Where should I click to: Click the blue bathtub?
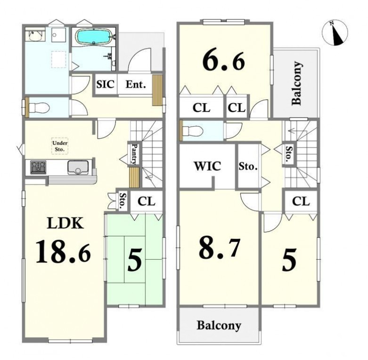(94, 37)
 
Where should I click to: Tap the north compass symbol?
(335, 32)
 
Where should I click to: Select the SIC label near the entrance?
(106, 84)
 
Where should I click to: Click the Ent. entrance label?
(136, 84)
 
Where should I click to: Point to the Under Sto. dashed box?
(60, 146)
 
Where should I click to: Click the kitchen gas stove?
(38, 168)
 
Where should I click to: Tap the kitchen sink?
(78, 167)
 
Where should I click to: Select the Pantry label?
(134, 154)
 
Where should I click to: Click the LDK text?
(65, 223)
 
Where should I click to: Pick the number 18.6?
(63, 251)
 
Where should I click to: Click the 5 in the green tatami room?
(134, 260)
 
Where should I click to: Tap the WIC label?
(207, 166)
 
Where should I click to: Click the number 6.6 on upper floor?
(224, 60)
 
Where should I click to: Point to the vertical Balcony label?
(296, 83)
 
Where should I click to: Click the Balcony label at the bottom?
(219, 325)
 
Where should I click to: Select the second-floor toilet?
(192, 131)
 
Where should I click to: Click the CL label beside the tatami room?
(147, 201)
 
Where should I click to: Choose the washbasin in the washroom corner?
(35, 36)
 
